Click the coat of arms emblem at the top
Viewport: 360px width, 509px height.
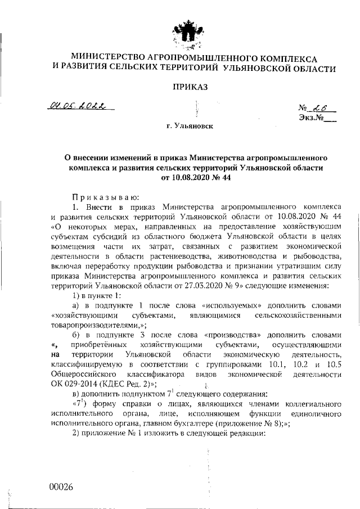[186, 34]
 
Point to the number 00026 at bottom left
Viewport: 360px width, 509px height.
[61, 488]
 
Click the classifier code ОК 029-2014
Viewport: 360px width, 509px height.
[72, 384]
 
